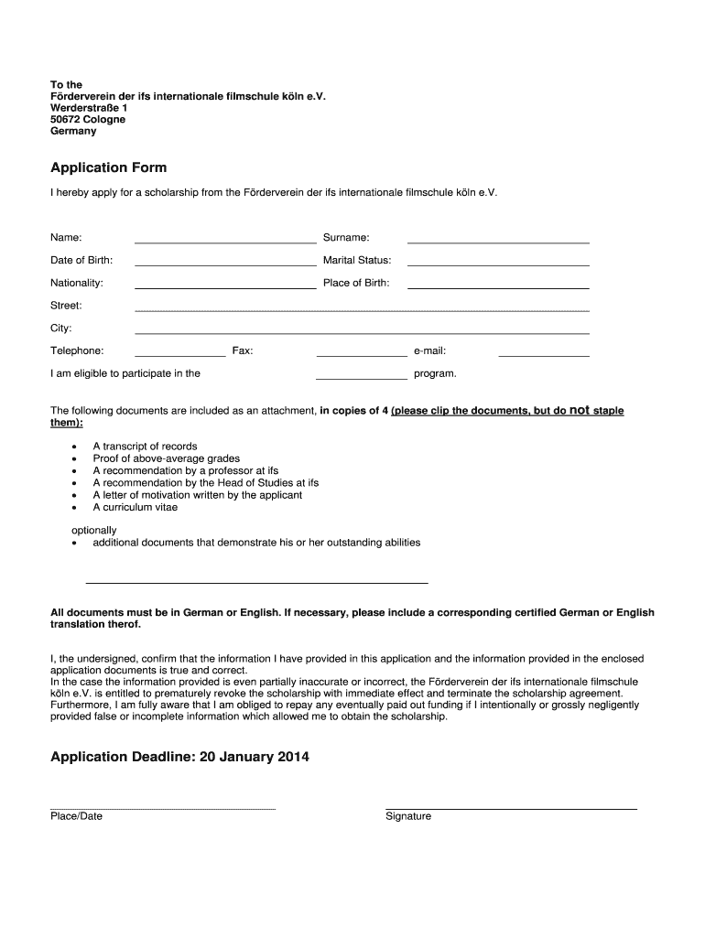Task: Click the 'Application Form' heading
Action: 108,168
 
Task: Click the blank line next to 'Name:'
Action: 225,240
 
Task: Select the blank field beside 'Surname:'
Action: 498,240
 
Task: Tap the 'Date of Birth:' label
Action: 81,261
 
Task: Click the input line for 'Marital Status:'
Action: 498,263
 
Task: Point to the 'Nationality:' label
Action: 77,283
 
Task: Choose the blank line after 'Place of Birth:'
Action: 498,285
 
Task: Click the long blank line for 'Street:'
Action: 362,307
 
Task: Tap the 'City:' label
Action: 61,328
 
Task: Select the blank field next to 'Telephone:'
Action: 180,352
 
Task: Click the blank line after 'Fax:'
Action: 361,352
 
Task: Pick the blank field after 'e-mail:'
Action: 544,352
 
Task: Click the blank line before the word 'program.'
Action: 361,375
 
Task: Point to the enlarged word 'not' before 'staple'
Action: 580,410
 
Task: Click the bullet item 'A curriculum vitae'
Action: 136,507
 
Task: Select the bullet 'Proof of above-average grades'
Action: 167,458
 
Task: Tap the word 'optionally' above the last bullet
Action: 94,531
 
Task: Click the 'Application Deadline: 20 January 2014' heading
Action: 180,757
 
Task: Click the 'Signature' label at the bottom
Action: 408,816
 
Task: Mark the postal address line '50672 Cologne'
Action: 88,120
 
